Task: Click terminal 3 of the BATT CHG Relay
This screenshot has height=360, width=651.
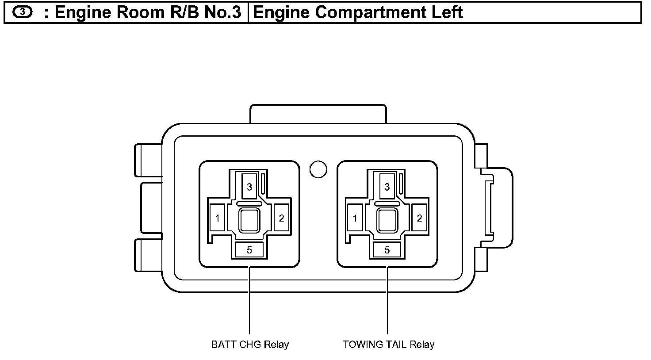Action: click(x=249, y=187)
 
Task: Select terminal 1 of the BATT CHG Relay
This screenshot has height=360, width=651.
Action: click(x=217, y=218)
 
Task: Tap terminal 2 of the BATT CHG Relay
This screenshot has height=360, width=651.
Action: click(x=281, y=218)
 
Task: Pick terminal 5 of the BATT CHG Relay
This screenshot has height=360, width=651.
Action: click(x=249, y=250)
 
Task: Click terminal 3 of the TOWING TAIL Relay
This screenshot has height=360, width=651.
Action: click(x=387, y=187)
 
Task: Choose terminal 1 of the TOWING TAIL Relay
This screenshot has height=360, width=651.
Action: click(x=355, y=218)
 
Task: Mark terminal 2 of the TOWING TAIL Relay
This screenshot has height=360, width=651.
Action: click(x=419, y=218)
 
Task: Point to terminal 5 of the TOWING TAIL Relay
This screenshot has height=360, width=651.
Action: click(x=387, y=250)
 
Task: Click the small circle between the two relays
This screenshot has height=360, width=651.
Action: click(x=318, y=169)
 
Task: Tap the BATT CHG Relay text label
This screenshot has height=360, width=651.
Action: click(x=250, y=345)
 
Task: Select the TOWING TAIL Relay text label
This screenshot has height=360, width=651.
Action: click(x=389, y=345)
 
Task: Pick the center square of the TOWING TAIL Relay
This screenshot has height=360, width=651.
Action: click(x=387, y=220)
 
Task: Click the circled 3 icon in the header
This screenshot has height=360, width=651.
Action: click(x=22, y=12)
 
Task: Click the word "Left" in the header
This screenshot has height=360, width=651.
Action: click(x=448, y=12)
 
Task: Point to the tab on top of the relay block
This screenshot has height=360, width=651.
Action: click(x=318, y=114)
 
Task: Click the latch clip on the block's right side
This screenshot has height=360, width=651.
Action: click(x=495, y=208)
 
